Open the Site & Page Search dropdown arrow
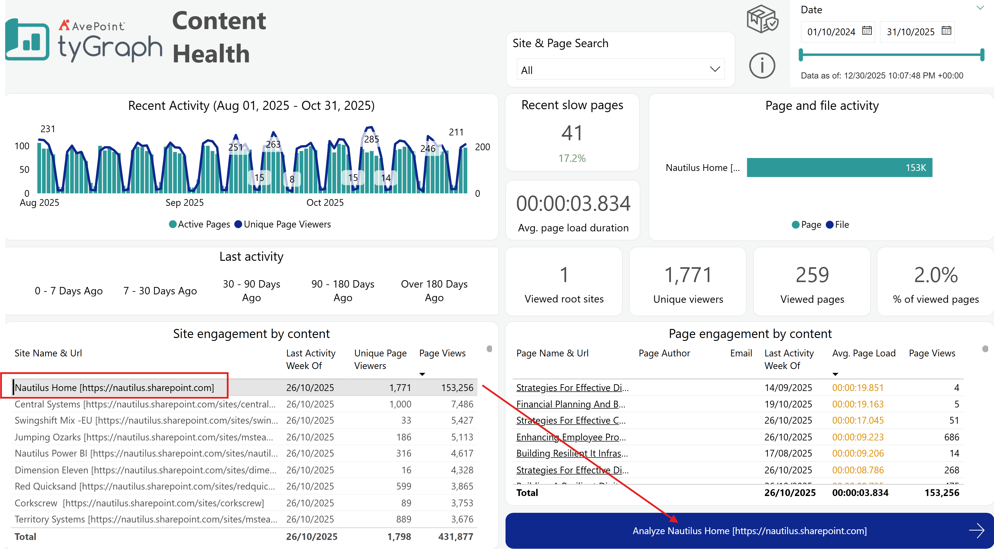715,69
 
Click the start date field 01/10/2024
831,32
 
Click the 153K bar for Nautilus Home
839,167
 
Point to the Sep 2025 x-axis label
185,203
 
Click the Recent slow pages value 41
572,133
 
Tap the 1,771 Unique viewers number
688,275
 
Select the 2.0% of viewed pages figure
936,275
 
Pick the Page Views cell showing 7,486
462,404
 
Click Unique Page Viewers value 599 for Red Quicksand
404,486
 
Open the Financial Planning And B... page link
571,404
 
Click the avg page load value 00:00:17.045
858,420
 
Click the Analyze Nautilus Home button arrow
976,531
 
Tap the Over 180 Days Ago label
434,290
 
